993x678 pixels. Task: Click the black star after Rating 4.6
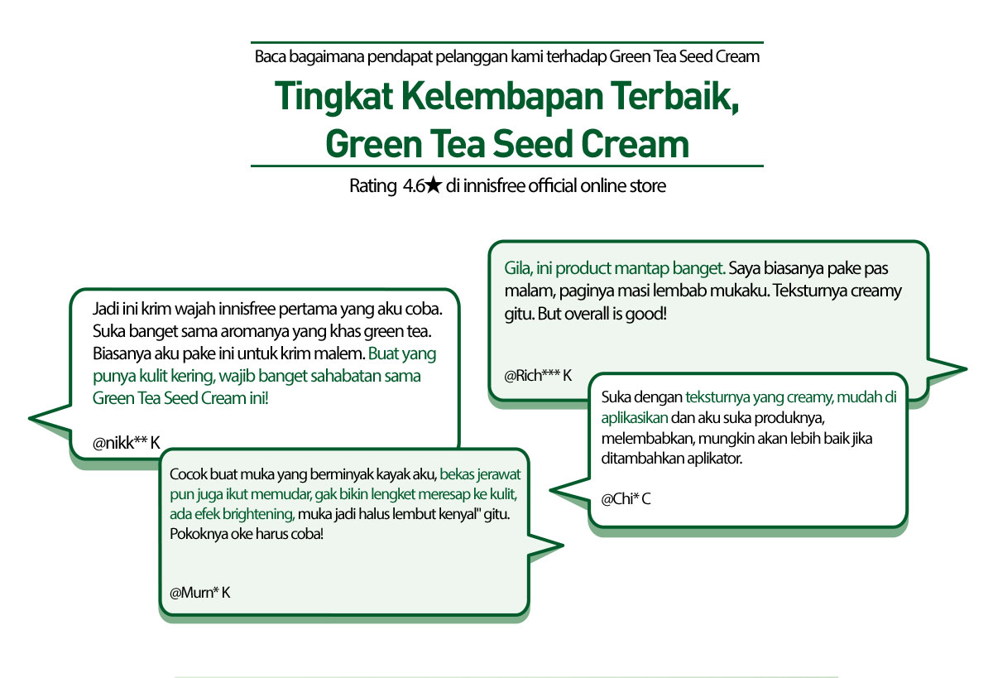point(434,185)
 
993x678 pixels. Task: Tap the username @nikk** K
point(127,443)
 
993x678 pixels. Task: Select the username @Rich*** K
point(538,376)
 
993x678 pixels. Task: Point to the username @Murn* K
point(200,593)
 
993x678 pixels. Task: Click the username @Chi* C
point(626,499)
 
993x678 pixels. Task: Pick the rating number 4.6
point(414,185)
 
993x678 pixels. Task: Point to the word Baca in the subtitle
point(271,57)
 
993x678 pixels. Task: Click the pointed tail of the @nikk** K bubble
point(30,418)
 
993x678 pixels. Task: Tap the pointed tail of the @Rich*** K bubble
point(966,368)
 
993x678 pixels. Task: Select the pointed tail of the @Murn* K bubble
point(562,545)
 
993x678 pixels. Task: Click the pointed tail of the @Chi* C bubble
point(551,490)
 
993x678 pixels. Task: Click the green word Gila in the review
point(518,269)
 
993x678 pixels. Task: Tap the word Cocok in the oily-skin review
point(188,474)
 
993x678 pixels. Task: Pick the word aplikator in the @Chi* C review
point(715,458)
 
